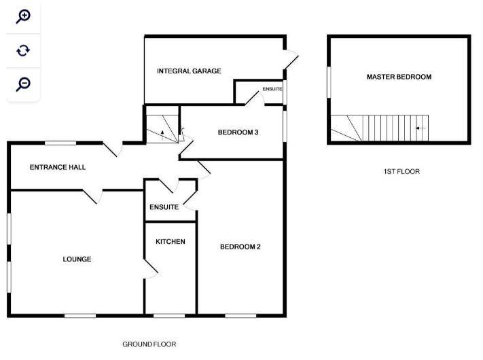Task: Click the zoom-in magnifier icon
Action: (23, 16)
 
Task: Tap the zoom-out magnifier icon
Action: (23, 84)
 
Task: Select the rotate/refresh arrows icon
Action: (23, 50)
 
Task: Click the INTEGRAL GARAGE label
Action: (189, 71)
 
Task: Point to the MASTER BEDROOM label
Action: (399, 77)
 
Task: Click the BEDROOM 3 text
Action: (238, 132)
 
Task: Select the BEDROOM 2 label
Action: (240, 247)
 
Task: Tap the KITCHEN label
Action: (171, 242)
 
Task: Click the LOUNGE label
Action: (77, 259)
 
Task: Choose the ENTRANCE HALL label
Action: (58, 167)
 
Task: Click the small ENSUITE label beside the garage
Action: (272, 89)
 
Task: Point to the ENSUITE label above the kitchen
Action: (164, 207)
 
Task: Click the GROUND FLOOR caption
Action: (149, 344)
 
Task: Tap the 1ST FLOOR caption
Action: (401, 172)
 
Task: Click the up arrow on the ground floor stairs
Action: (162, 135)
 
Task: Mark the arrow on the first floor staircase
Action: (420, 128)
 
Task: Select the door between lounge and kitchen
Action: (151, 268)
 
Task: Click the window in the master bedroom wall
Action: (329, 82)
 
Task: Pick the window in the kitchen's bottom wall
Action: (169, 315)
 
